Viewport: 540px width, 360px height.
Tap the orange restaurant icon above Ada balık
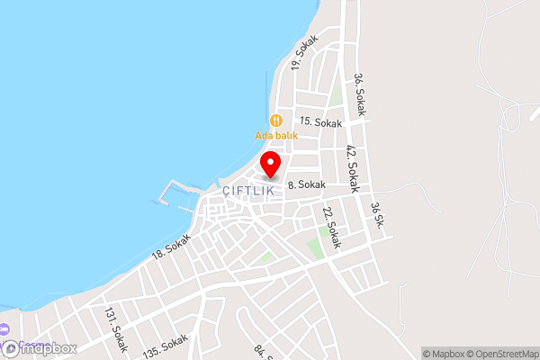pos(276,121)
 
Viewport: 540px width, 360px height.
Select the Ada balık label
pos(276,136)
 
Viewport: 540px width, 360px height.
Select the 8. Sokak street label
pos(305,185)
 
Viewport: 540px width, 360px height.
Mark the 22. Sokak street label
pos(330,228)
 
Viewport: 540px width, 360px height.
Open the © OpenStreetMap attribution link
pos(501,353)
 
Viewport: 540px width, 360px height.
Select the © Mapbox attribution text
pos(444,353)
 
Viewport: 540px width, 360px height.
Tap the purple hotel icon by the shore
pos(4,329)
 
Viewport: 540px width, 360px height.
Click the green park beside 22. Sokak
pos(316,245)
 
